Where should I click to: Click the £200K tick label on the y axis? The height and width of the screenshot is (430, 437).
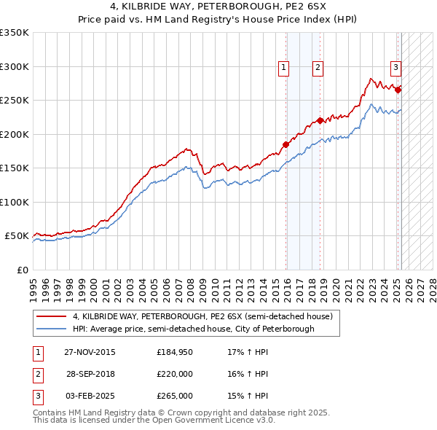(x=15, y=134)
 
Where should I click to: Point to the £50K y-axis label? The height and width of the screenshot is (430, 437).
(x=17, y=236)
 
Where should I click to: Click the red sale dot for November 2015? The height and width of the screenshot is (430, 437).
(x=286, y=144)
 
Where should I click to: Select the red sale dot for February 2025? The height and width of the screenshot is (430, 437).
(x=398, y=90)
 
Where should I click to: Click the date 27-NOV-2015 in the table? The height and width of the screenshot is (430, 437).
(x=89, y=352)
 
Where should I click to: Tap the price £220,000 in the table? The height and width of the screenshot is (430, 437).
(x=175, y=374)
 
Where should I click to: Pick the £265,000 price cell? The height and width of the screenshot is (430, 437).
(x=175, y=396)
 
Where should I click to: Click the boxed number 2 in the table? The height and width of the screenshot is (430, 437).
(x=37, y=374)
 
